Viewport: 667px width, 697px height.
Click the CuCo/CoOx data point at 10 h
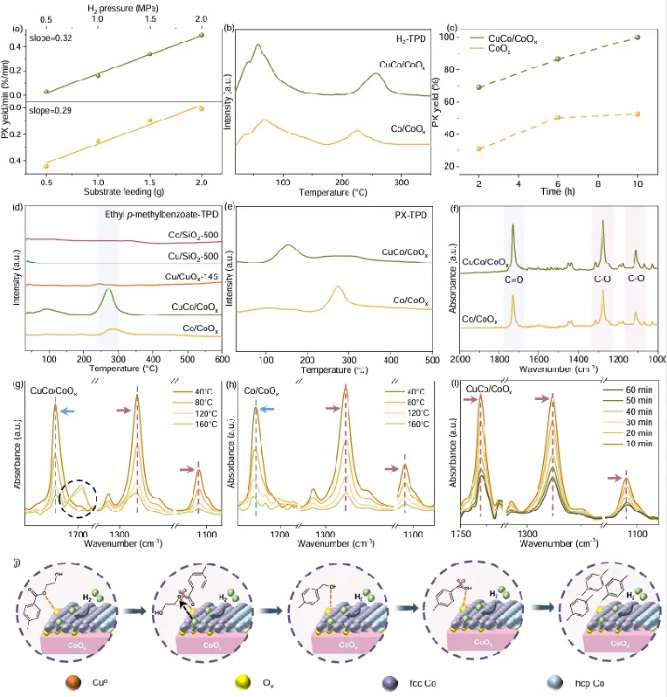[x=638, y=38]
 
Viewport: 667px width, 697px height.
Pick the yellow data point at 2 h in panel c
[x=479, y=148]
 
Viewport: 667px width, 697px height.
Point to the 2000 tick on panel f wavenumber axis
[x=461, y=359]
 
